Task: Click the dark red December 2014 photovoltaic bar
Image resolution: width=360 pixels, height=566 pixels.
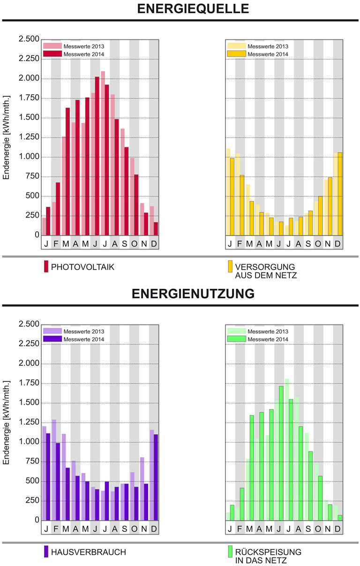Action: pos(156,229)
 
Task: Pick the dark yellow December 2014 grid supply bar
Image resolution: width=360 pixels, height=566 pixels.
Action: pos(339,194)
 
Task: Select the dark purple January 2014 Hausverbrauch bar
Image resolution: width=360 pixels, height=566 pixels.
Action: pos(48,477)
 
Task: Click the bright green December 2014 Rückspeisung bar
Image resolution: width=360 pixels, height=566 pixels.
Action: pos(339,518)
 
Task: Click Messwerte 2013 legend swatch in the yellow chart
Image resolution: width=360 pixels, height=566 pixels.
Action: pos(236,46)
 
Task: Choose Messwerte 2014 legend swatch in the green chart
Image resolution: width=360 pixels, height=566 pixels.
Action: pos(236,339)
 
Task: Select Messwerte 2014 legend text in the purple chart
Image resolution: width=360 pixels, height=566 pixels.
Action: pos(84,340)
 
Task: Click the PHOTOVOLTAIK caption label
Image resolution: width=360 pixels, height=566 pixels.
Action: pos(83,267)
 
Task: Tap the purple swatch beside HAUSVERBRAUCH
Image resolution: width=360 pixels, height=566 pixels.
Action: pos(46,551)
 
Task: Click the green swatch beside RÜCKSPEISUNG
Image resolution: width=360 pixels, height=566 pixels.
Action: pos(230,551)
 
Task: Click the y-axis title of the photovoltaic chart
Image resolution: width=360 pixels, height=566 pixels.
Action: pos(7,137)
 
